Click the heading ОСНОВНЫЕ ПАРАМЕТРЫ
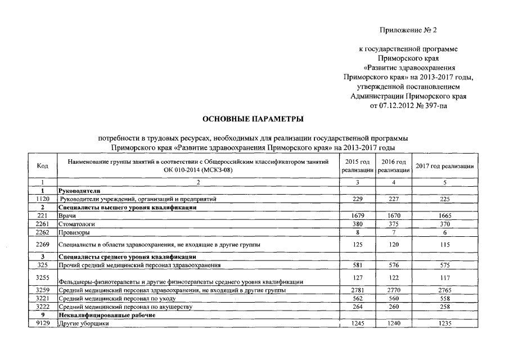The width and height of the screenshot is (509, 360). pyautogui.click(x=253, y=119)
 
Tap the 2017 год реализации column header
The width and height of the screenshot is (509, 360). pyautogui.click(x=444, y=166)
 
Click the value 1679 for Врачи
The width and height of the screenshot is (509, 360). pyautogui.click(x=358, y=215)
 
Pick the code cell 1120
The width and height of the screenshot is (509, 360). pyautogui.click(x=42, y=199)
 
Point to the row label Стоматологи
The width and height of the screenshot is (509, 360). pyautogui.click(x=76, y=224)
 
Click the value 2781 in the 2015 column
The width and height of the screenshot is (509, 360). pyautogui.click(x=358, y=290)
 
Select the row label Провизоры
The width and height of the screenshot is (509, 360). pyautogui.click(x=74, y=232)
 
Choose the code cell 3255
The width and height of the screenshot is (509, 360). pyautogui.click(x=42, y=278)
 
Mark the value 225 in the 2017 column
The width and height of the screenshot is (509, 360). pyautogui.click(x=444, y=199)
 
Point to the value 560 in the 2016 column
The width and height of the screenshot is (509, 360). pyautogui.click(x=394, y=299)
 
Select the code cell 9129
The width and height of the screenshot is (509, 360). pyautogui.click(x=42, y=324)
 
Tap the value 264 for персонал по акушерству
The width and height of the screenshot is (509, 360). pyautogui.click(x=358, y=307)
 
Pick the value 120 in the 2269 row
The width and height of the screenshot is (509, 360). pyautogui.click(x=394, y=245)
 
